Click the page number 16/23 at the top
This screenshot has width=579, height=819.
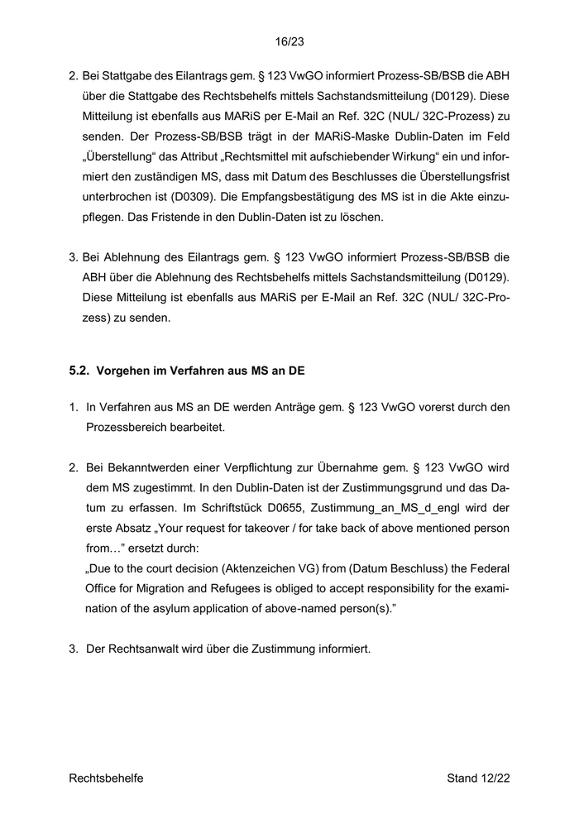289,39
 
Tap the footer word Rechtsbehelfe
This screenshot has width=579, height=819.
106,778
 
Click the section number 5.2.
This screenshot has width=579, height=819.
79,371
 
